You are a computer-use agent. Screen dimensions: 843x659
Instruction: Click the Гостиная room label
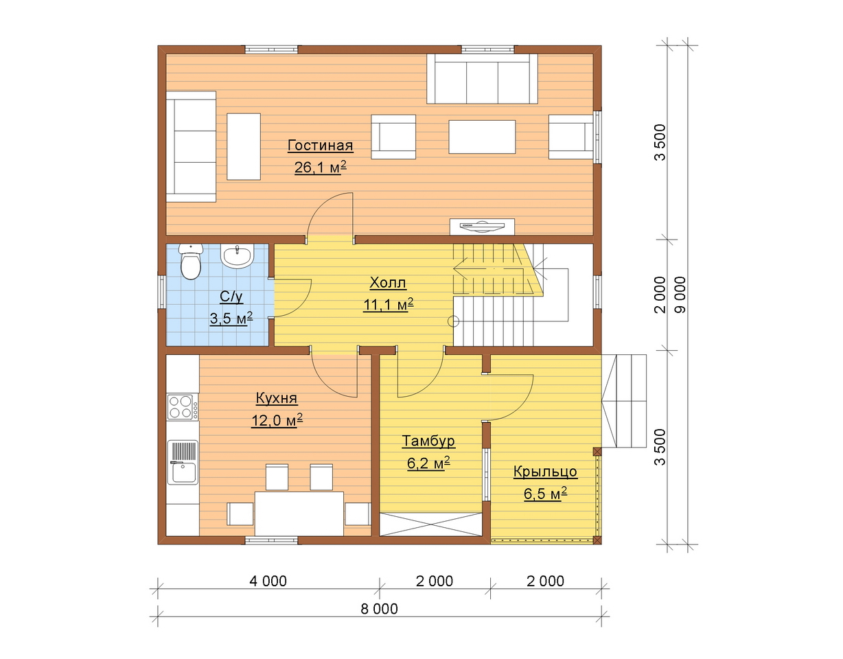pos(321,146)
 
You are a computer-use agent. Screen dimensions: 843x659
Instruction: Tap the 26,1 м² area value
pos(321,167)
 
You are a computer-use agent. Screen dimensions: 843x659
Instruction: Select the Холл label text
pos(388,283)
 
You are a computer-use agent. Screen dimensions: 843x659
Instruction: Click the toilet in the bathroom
pos(191,261)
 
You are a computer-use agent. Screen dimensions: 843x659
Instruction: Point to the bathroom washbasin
pos(237,255)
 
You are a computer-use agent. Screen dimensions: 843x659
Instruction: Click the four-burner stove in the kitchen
pos(183,407)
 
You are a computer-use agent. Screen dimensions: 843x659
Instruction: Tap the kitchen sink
pos(183,463)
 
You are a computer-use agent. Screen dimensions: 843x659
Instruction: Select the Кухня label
pos(277,398)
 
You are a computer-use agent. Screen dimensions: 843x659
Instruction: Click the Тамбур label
pos(428,441)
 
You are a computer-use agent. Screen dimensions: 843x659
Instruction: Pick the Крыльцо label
pos(545,472)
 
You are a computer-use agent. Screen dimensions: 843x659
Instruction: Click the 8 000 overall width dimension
pos(380,609)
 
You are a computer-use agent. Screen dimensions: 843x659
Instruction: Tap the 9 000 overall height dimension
pos(680,294)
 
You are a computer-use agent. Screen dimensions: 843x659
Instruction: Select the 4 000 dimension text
pos(268,581)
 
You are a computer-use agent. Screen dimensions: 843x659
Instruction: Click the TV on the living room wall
pos(482,227)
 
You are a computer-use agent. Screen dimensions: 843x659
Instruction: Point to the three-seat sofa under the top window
pos(482,79)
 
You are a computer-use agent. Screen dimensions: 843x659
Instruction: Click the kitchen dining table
pos(299,514)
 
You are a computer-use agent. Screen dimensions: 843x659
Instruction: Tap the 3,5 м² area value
pos(231,319)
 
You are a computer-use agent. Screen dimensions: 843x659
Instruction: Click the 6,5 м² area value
pos(546,494)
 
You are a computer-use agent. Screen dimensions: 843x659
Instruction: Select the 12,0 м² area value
pos(277,420)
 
